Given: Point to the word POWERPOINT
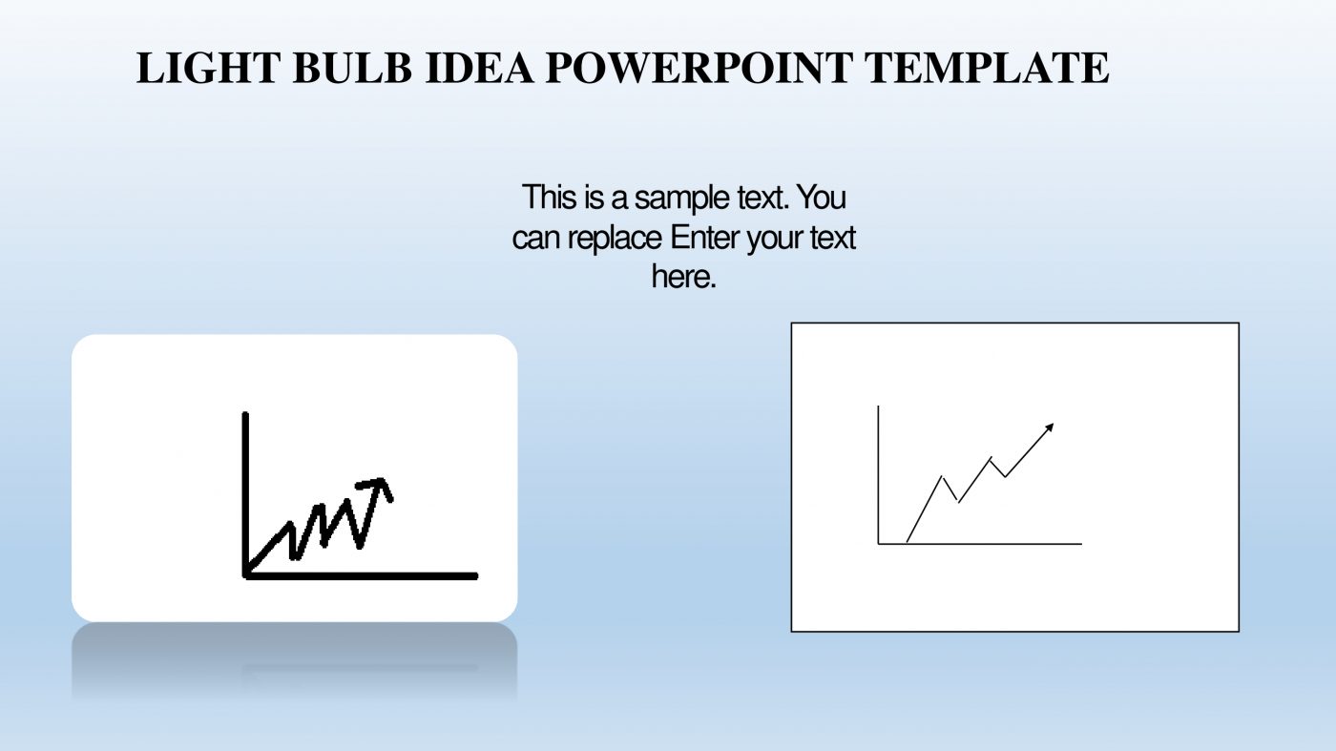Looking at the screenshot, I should click(700, 69).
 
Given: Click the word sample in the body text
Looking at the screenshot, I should click(678, 198).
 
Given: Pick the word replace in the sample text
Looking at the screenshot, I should click(615, 238).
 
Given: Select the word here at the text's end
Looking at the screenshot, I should click(683, 278).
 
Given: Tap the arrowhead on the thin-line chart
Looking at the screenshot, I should click(1050, 427).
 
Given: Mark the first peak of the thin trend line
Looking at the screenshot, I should click(943, 475).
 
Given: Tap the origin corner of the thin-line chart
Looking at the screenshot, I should click(879, 544).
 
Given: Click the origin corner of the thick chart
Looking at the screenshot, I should click(247, 574).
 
